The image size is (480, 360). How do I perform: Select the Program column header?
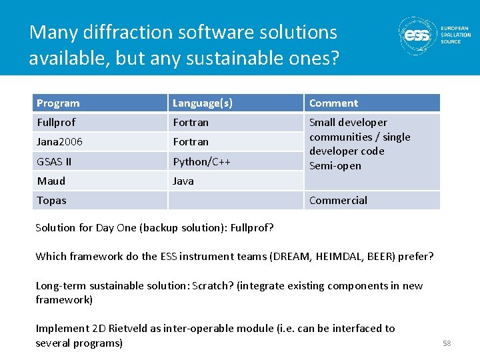[58, 103]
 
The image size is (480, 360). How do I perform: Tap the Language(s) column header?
[203, 103]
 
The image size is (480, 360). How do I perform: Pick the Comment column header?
[333, 103]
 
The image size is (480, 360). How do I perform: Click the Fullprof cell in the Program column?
[56, 123]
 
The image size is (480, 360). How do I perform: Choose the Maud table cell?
[51, 181]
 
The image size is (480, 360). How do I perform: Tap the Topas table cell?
[51, 200]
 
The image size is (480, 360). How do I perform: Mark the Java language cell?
[183, 181]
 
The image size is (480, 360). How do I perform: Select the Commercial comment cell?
[338, 200]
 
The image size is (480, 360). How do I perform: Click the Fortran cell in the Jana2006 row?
[191, 142]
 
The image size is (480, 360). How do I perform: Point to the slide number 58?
[447, 343]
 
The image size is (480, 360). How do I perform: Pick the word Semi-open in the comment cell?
[335, 166]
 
